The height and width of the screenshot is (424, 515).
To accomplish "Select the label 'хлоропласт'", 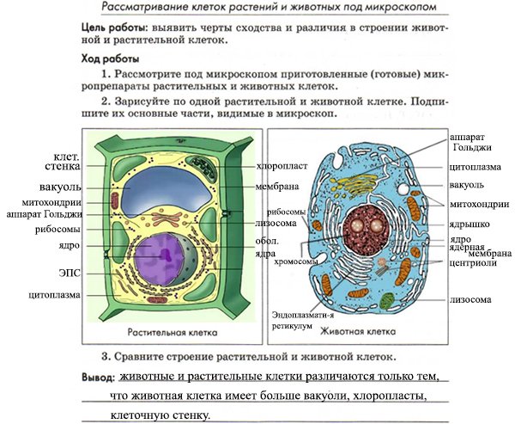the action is coord(282,166).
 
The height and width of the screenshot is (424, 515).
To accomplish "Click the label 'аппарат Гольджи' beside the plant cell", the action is coord(45,215).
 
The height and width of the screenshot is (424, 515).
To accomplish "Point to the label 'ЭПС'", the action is coord(70,273).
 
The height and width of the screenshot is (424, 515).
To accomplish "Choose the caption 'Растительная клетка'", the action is coord(173,332).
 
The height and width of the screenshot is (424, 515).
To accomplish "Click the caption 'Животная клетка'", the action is coord(358,331).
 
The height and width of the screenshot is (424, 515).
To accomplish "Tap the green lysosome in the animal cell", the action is coord(387,301).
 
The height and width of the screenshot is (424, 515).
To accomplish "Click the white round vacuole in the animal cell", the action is coord(403,189).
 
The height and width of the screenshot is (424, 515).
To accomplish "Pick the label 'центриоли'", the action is coord(473,263).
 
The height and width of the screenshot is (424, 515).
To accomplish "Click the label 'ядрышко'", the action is coord(470,224).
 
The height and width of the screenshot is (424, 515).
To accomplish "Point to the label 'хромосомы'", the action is coord(295,262).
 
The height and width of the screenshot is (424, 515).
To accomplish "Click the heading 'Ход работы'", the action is coord(111,59).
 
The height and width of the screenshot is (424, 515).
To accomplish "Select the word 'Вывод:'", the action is coord(98,377).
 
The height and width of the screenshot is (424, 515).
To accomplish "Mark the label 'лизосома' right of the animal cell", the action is coord(470,299).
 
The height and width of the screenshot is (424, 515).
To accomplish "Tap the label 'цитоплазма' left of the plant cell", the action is coord(55,295).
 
